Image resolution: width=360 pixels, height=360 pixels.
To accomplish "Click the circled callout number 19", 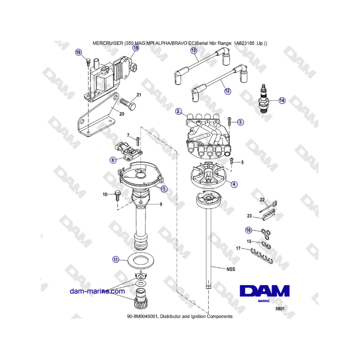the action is (78, 52).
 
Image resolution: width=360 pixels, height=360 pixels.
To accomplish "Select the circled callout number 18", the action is (136, 48).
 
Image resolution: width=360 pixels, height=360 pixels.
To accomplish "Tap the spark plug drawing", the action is (264, 98).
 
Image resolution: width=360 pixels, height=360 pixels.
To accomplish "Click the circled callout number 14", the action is (282, 100).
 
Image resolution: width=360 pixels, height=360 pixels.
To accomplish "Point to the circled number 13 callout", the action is (194, 50).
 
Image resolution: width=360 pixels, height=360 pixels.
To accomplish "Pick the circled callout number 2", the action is (178, 112).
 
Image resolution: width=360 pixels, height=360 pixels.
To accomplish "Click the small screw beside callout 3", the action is (229, 121).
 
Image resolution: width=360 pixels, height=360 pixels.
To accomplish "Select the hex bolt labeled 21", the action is (128, 104).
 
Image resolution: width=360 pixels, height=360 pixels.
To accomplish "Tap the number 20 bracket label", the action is (122, 114).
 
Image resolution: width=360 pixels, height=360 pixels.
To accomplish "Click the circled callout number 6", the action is (113, 160).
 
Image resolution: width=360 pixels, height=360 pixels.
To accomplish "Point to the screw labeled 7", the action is (138, 141).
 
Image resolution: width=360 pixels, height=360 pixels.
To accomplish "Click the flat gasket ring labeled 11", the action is (140, 261).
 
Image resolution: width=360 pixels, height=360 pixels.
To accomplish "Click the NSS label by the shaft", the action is (231, 269).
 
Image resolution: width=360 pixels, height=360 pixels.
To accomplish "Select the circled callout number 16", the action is (248, 230).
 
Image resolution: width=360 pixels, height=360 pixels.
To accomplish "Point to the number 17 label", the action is (238, 248).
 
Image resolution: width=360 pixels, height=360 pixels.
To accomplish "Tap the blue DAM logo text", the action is (264, 291).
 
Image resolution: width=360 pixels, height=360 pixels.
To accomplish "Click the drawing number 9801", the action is (280, 308).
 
